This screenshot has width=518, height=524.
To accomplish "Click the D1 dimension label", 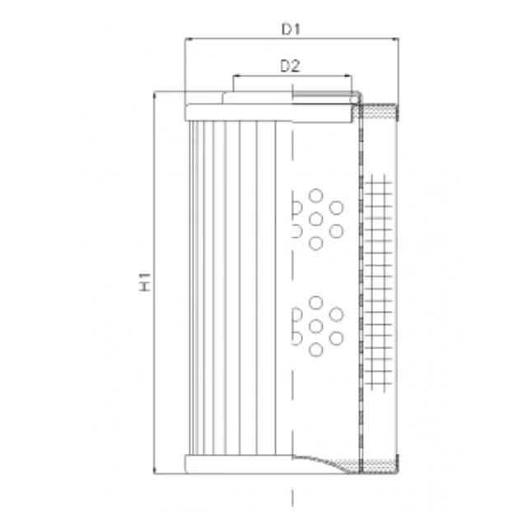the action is click(x=291, y=29).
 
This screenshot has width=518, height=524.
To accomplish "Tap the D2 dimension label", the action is click(x=290, y=66).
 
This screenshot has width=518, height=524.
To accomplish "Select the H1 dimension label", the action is click(x=145, y=282).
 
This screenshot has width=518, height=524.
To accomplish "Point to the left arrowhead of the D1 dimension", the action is click(x=188, y=39).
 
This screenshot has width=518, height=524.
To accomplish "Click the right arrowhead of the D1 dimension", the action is click(x=395, y=39).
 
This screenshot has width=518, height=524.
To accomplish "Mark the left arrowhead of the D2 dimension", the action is click(x=236, y=76).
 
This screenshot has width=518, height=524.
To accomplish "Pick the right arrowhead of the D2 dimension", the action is click(x=348, y=76).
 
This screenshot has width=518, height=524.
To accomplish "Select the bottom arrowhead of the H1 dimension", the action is click(x=154, y=470).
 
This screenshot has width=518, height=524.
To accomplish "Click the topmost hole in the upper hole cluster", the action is click(x=315, y=196).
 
